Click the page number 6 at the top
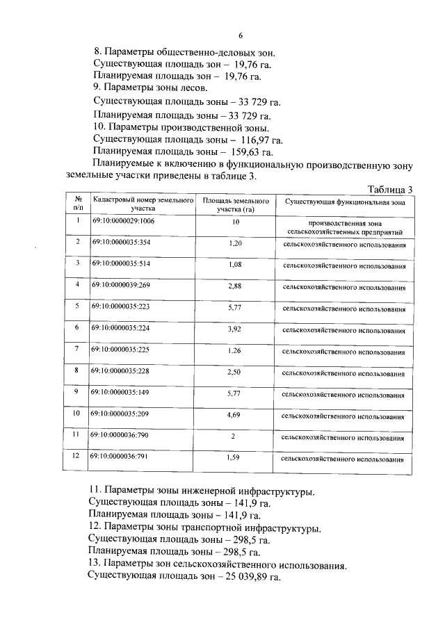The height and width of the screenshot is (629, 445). tap(239, 35)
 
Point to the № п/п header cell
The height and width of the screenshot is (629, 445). tap(79, 202)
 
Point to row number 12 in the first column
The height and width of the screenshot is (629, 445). tap(79, 456)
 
